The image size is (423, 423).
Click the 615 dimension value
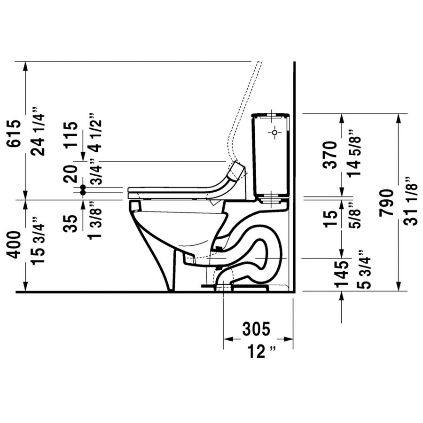point(14,134)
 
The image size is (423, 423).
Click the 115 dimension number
point(70,135)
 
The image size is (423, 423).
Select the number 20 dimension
point(70,173)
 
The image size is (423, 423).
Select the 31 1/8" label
point(410,202)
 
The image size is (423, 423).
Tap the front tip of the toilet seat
point(129,191)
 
